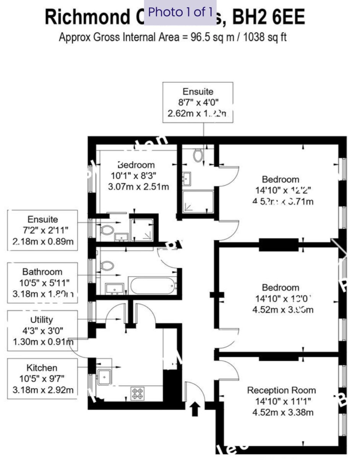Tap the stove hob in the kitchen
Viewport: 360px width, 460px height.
point(138,393)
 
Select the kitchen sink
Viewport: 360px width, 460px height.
point(104,377)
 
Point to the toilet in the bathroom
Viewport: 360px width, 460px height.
point(107,266)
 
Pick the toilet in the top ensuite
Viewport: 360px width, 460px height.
point(198,155)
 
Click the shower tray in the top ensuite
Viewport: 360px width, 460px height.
point(198,202)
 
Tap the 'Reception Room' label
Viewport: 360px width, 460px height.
point(281,390)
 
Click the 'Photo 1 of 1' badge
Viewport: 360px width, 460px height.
point(180,12)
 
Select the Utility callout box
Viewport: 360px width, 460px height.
point(42,330)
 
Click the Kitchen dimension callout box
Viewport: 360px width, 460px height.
point(42,379)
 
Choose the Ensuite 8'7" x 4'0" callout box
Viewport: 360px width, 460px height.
point(198,102)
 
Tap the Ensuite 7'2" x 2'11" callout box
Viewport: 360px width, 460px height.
point(42,230)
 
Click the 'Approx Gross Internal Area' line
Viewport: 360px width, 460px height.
point(173,37)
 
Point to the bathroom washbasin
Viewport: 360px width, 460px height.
point(114,289)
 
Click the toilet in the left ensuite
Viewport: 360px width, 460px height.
point(107,230)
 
